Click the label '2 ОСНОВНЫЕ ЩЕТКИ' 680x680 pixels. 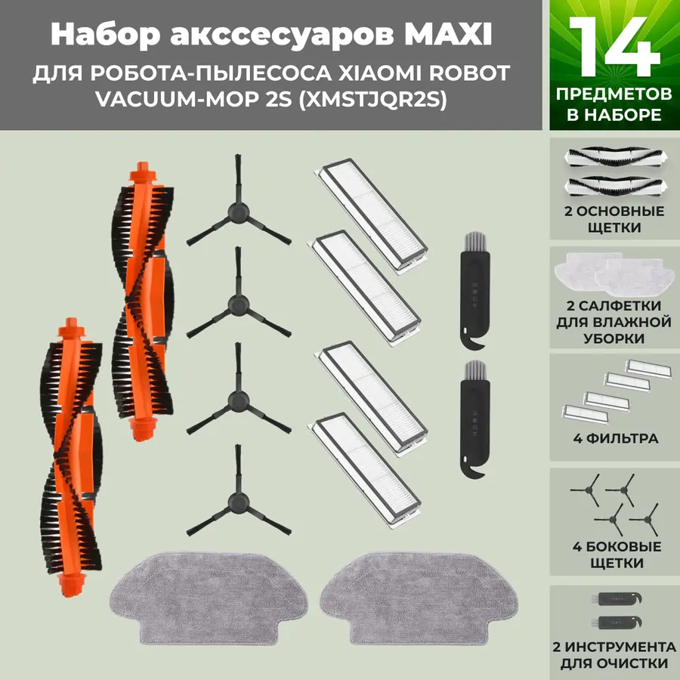(x=614, y=219)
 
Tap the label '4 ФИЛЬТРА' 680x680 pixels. (x=614, y=438)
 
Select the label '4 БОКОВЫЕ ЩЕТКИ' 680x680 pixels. (x=614, y=555)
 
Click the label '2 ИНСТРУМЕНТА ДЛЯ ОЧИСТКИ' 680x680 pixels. (x=614, y=656)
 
